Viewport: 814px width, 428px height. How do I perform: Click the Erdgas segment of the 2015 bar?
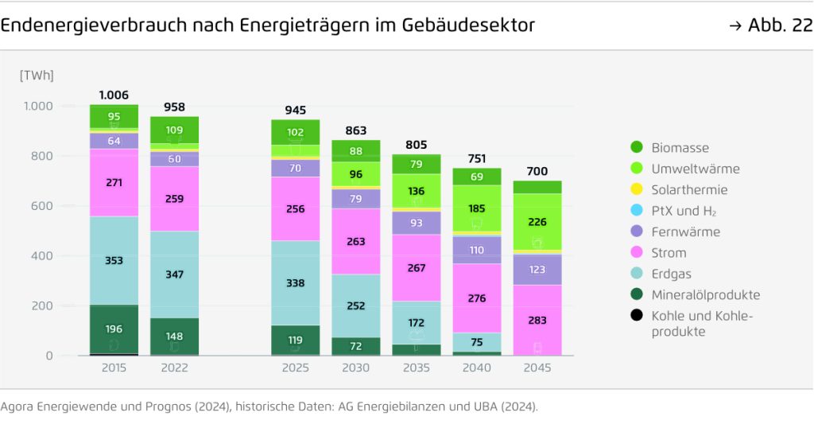[x=114, y=260]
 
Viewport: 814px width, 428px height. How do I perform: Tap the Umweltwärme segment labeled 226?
[x=537, y=223]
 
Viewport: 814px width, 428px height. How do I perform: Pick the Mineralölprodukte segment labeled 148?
[x=174, y=336]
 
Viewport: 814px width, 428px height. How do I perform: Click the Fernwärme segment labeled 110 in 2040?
[x=477, y=250]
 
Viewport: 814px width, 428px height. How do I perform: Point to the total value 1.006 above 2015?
[x=114, y=95]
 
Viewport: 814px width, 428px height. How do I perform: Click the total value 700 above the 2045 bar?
[x=537, y=171]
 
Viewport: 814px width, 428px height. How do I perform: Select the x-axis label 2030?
[x=355, y=368]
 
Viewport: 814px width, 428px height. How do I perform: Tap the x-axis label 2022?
[x=174, y=368]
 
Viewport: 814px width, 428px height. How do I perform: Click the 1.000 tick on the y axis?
[x=37, y=106]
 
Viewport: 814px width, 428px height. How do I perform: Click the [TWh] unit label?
[x=37, y=75]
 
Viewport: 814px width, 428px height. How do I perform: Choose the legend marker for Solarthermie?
[x=635, y=190]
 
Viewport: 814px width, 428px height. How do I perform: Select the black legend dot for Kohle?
[x=635, y=316]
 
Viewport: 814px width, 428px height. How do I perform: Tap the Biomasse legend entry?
[x=680, y=148]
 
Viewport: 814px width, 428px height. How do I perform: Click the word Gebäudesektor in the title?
[x=473, y=25]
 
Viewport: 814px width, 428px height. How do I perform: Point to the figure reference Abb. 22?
[x=778, y=25]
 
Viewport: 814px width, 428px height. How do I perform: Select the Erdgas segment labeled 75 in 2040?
[x=477, y=342]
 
